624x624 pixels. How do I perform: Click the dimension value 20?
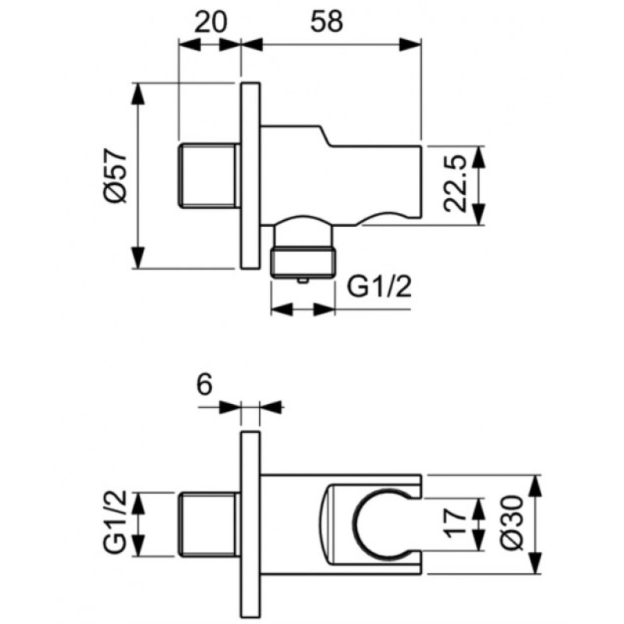point(211,23)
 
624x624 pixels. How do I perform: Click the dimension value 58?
point(326,22)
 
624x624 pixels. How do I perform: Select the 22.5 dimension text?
point(455,184)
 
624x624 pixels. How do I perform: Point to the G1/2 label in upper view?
point(379,286)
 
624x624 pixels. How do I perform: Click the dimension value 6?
point(204,385)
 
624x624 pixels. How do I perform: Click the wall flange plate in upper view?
point(250,175)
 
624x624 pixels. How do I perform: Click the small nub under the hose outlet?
point(303,282)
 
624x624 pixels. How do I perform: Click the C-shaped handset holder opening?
point(382,524)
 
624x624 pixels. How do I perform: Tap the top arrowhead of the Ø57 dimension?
point(138,94)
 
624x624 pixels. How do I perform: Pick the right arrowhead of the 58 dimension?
point(410,44)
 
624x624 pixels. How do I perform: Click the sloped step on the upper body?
point(324,136)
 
